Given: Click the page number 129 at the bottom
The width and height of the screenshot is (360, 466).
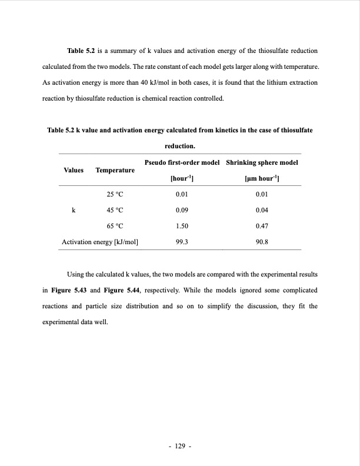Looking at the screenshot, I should tap(180, 447).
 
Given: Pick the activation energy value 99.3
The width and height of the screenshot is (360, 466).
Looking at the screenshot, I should tap(182, 242).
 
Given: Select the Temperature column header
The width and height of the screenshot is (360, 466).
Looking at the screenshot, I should tap(115, 170).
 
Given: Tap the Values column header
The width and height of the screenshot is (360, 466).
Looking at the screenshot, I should tap(74, 170).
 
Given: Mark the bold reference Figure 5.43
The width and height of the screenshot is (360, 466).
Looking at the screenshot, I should tap(69, 290).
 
